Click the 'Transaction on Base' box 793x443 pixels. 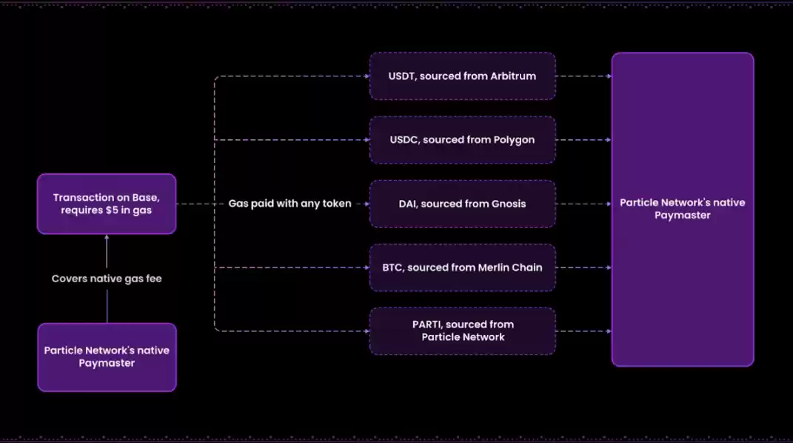(106, 204)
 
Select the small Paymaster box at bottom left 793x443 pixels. (107, 356)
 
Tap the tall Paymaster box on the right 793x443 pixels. (682, 209)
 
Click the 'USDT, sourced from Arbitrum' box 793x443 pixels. (462, 76)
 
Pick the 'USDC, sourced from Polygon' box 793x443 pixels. (462, 139)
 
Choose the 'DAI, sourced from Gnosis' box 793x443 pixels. (462, 204)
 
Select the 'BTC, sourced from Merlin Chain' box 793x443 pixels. (462, 267)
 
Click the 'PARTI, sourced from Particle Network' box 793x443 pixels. (462, 330)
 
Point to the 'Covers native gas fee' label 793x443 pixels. (107, 279)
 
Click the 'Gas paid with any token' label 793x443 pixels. (290, 204)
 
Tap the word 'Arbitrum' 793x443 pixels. (513, 76)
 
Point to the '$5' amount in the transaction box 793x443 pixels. (113, 210)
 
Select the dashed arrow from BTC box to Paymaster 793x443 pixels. (583, 267)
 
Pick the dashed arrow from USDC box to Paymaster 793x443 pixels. (583, 139)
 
